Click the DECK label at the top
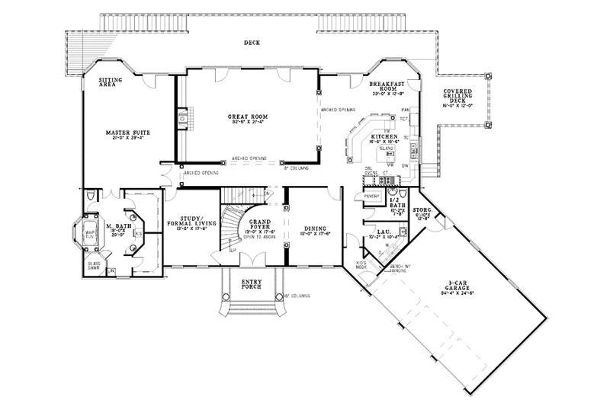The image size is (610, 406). tap(252, 43)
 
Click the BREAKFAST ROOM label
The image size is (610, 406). tap(387, 86)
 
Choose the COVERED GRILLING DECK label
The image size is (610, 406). tap(460, 98)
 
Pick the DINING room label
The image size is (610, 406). tap(314, 228)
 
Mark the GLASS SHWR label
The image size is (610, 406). tap(92, 264)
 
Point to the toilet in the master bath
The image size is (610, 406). tap(91, 197)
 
